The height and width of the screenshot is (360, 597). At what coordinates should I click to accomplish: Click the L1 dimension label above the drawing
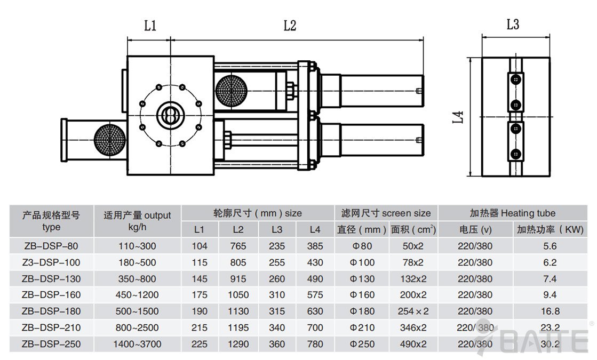150,26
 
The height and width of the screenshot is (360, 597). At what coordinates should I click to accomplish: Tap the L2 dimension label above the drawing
289,26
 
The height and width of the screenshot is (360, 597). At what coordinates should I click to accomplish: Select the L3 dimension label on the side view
513,24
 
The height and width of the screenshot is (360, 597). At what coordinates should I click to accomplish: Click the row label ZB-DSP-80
51,246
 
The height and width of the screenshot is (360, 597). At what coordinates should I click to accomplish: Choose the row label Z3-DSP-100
51,262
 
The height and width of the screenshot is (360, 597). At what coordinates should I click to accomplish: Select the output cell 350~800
137,279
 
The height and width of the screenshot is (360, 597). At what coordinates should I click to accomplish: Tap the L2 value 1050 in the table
238,295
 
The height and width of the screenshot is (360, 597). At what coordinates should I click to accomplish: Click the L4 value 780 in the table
315,344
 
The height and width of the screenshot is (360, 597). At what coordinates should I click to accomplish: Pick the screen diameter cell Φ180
362,311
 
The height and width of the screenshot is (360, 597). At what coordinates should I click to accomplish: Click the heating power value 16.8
550,311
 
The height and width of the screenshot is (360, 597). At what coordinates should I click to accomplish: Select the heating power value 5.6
550,246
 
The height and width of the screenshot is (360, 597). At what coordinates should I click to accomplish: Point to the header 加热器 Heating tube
512,213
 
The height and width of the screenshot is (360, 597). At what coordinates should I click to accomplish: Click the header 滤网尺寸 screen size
386,213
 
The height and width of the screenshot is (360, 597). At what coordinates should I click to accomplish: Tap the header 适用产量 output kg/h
137,221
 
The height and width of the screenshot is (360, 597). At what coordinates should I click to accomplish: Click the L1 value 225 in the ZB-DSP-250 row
199,344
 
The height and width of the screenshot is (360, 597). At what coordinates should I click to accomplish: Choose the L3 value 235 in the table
277,246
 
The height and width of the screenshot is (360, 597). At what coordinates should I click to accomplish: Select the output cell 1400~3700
137,344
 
